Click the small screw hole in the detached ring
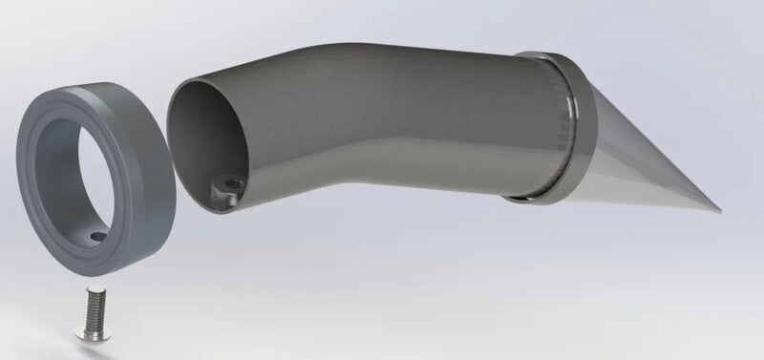point(95,234)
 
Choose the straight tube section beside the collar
point(477,124)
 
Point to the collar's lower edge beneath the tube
point(535,196)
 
